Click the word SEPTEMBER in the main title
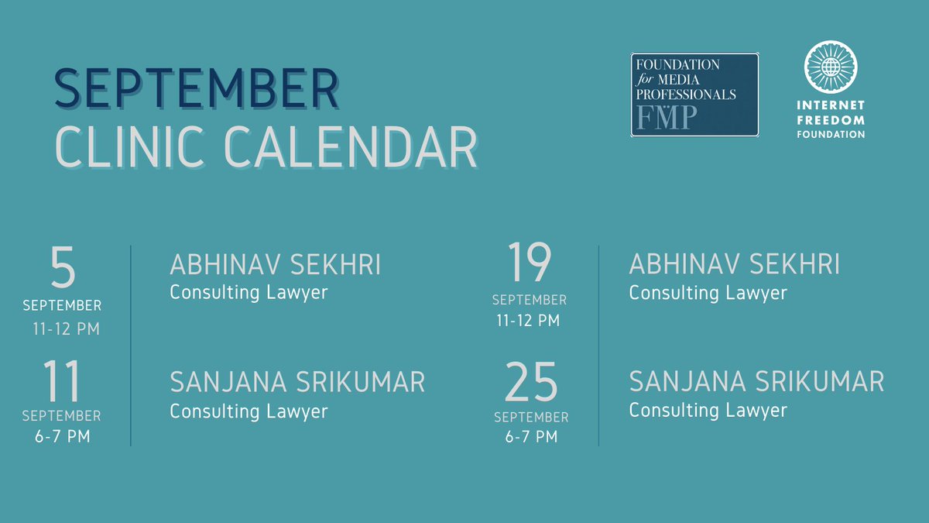click(x=197, y=88)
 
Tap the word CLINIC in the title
click(x=129, y=147)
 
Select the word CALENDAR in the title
click(x=351, y=147)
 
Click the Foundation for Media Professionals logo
click(x=694, y=95)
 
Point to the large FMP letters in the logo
click(x=667, y=118)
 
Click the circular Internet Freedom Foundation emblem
click(x=831, y=67)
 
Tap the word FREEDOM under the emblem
click(x=831, y=120)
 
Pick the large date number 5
click(x=63, y=267)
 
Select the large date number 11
click(x=61, y=381)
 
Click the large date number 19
click(x=530, y=262)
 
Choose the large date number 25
click(x=531, y=381)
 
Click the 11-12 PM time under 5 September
click(x=67, y=329)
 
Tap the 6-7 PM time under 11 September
click(x=63, y=437)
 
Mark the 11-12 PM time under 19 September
click(x=528, y=321)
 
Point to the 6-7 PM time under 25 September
click(x=531, y=437)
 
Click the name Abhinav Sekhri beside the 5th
click(x=276, y=264)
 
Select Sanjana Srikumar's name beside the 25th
click(x=756, y=381)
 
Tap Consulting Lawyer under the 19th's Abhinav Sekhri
click(x=708, y=294)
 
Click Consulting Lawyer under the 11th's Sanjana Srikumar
click(x=249, y=411)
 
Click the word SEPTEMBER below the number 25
click(x=531, y=417)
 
